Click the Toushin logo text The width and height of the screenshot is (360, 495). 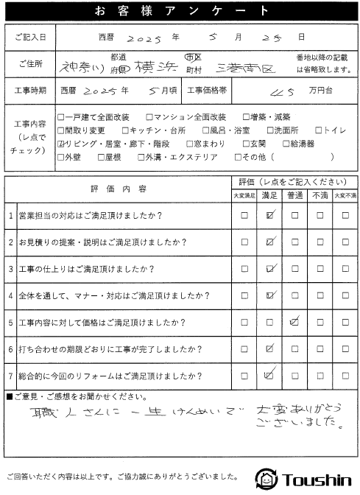pyautogui.click(x=318, y=479)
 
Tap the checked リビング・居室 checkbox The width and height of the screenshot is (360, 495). pyautogui.click(x=61, y=144)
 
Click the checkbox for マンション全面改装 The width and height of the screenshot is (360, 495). pyautogui.click(x=150, y=116)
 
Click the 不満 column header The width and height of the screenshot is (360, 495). pyautogui.click(x=320, y=195)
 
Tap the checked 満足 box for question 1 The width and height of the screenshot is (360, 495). pyautogui.click(x=270, y=216)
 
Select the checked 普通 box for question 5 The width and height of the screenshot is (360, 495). pyautogui.click(x=295, y=321)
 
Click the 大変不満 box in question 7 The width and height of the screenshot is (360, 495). pyautogui.click(x=345, y=374)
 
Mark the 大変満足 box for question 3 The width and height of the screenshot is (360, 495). pyautogui.click(x=244, y=269)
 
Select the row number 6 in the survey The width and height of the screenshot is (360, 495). pyautogui.click(x=11, y=348)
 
